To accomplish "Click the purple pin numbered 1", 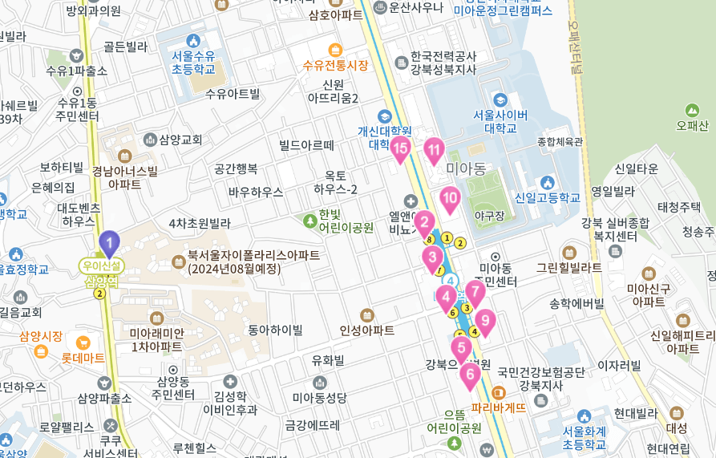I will coord(109,243).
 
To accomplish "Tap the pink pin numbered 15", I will coord(400,148).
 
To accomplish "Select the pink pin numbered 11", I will coord(434,150).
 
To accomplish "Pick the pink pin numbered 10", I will coord(450,199).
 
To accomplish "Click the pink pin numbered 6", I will coord(470,375).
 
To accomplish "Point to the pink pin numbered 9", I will coord(484,322).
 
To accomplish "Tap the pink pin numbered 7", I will coord(475,293).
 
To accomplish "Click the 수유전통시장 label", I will coord(335,66).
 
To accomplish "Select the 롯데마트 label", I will coord(83,358).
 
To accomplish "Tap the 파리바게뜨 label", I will coord(499,407).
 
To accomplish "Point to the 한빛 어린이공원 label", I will coord(346,221).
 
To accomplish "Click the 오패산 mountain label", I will coord(692,125).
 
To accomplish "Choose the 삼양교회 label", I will coord(180,140).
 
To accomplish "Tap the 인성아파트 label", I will coord(367,330).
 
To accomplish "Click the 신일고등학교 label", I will coord(548,197).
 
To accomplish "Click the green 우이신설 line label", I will coord(102,264).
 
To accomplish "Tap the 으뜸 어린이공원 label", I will coord(454,422).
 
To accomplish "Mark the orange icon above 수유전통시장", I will coord(335,49).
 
